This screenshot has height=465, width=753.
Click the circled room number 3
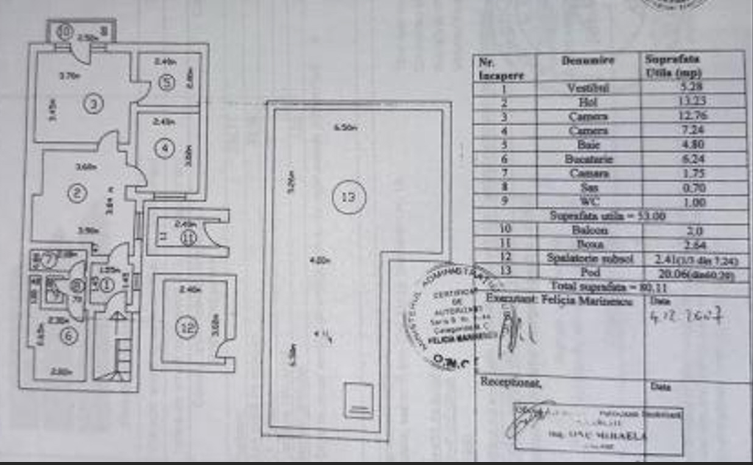tap(93, 105)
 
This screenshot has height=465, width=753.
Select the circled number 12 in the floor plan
tap(186, 328)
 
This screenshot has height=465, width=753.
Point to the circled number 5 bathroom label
tap(168, 82)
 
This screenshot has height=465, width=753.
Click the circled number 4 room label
tap(163, 148)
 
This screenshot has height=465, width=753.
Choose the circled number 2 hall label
tap(77, 193)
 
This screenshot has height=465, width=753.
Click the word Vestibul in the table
tap(587, 88)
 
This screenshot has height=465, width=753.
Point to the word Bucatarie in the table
tap(587, 159)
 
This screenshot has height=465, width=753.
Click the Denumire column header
tap(588, 61)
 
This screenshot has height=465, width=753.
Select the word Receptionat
tap(511, 382)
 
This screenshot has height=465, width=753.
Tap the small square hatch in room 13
tap(358, 400)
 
